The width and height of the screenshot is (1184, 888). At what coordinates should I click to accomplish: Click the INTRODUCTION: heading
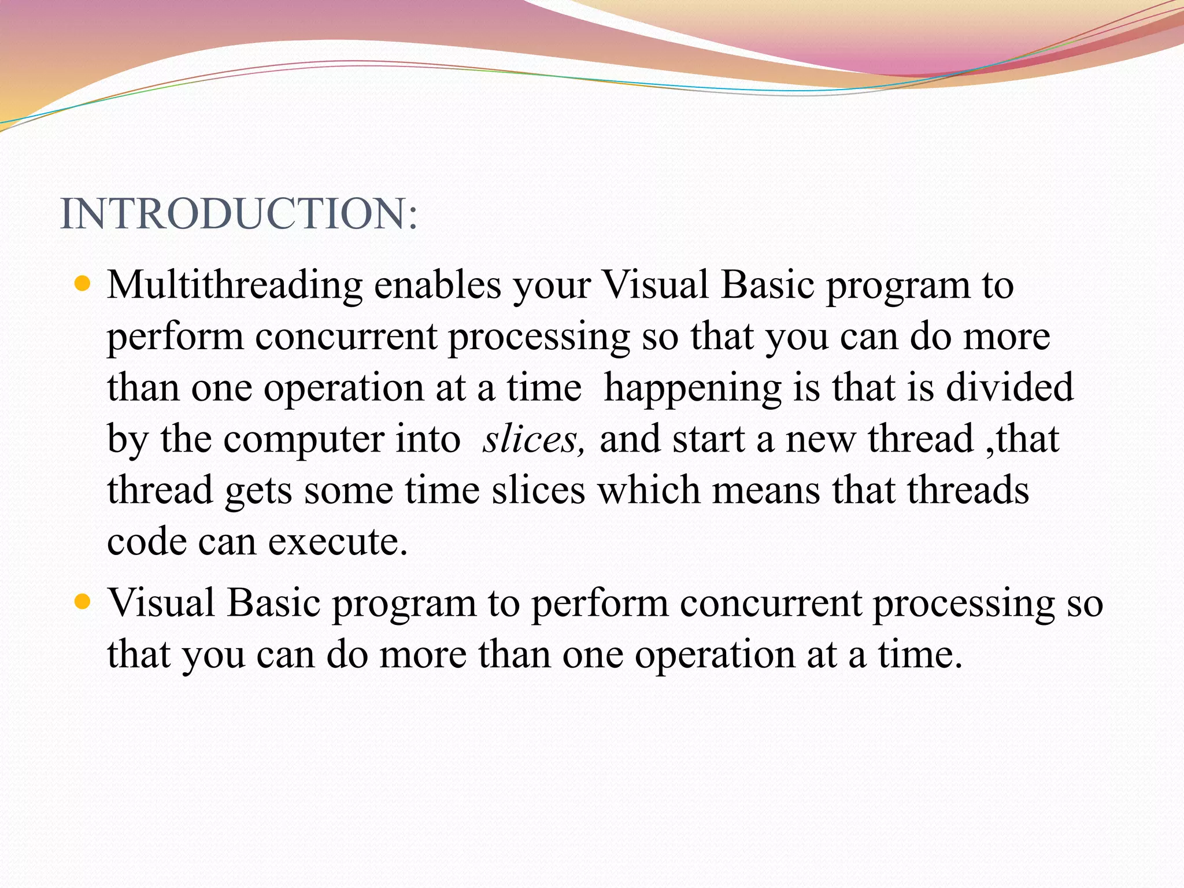coord(238,214)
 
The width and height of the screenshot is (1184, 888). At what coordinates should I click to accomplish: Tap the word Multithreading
coord(235,286)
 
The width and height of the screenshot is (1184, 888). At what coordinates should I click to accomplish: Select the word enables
coord(438,286)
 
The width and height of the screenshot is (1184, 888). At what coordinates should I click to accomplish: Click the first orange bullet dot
coord(83,284)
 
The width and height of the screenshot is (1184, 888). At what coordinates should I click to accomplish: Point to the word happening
coord(693,388)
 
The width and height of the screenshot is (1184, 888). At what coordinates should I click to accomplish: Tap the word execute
coord(338,542)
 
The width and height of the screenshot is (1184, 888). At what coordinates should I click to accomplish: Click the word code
coord(147,542)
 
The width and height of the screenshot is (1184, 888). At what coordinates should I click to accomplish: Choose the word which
coord(649,490)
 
